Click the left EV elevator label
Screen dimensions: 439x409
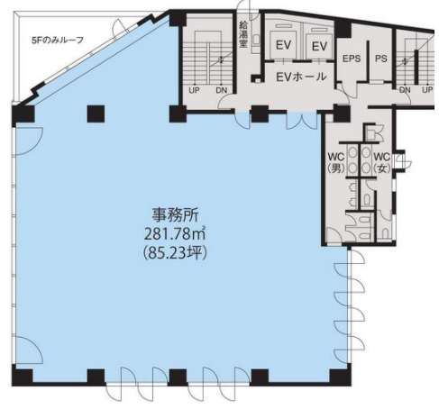pos(283,45)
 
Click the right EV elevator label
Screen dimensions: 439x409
pos(319,47)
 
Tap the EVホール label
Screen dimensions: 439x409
pos(301,77)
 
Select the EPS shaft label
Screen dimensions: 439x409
pos(352,59)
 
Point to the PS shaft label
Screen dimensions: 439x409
pos(380,59)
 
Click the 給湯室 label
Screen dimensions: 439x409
pos(242,35)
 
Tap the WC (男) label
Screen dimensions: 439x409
pos(335,162)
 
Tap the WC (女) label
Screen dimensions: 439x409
pos(381,162)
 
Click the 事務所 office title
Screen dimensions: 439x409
pos(174,215)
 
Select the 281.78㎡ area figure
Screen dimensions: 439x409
pos(174,234)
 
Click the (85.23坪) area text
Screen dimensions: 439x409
pos(174,253)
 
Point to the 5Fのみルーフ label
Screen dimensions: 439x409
pos(58,40)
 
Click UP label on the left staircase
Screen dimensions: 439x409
pos(194,90)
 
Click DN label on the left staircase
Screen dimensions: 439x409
pos(222,90)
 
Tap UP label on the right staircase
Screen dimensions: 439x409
pos(427,89)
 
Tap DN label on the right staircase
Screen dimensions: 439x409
pos(405,89)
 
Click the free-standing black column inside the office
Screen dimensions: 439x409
pos(96,114)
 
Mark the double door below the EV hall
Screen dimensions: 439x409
pos(301,121)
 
